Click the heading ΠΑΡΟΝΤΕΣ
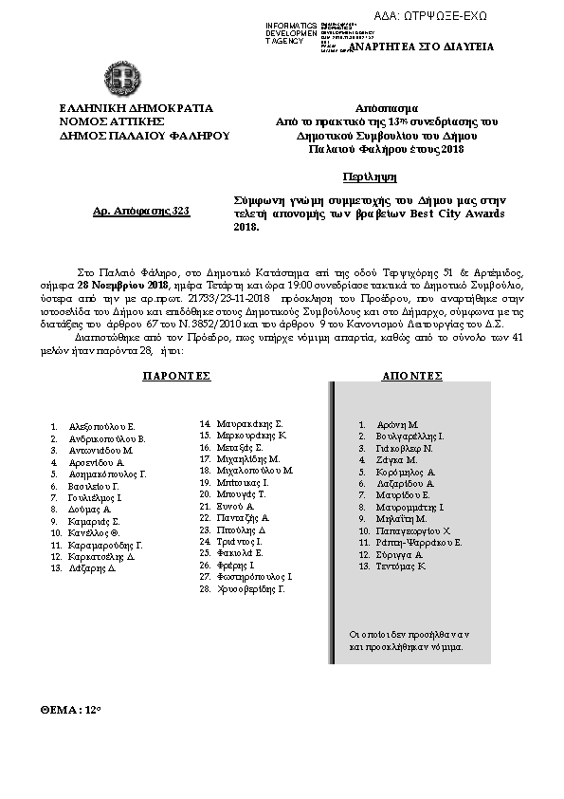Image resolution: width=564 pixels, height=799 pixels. pyautogui.click(x=175, y=376)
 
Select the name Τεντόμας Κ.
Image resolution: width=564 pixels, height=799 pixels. pyautogui.click(x=402, y=566)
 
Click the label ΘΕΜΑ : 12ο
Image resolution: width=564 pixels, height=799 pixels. pyautogui.click(x=70, y=709)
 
